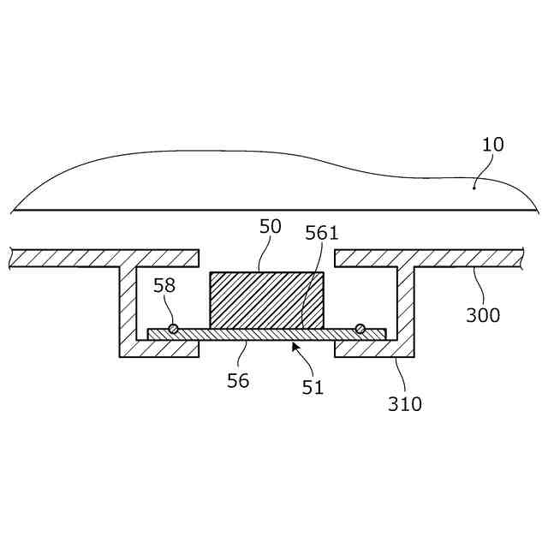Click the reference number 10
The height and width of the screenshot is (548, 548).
(492, 144)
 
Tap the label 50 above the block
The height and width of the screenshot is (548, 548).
(271, 227)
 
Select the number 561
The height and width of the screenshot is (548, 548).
(322, 234)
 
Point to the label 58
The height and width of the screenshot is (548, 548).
(164, 285)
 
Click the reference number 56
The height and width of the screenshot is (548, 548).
(238, 380)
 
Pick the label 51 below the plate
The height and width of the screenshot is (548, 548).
(313, 387)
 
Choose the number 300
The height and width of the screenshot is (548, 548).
(483, 314)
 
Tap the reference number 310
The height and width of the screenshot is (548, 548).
(404, 403)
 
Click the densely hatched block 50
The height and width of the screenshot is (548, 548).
(266, 300)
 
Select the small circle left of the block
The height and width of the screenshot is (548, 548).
(173, 329)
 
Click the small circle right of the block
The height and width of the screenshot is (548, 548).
(360, 329)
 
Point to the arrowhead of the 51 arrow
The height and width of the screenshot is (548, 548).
(295, 345)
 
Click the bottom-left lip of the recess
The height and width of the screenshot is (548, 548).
(158, 348)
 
